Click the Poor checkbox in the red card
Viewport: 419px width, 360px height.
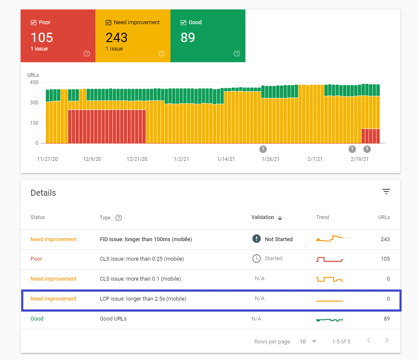(x=34, y=22)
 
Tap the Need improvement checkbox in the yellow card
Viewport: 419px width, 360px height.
(x=109, y=22)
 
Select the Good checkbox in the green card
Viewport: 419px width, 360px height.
(x=183, y=22)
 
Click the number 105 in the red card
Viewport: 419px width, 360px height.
(x=42, y=37)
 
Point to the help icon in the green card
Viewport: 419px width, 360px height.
(x=237, y=53)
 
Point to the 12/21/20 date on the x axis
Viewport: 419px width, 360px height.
(x=137, y=159)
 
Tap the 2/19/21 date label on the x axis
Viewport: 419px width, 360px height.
(x=359, y=159)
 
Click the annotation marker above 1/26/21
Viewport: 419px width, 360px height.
(x=263, y=149)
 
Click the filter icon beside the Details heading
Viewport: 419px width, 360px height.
(x=386, y=192)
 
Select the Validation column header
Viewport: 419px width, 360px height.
(x=263, y=217)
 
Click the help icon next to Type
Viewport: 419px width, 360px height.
(x=119, y=218)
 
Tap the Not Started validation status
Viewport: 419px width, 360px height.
(x=278, y=239)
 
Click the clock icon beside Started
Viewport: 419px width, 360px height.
(x=256, y=259)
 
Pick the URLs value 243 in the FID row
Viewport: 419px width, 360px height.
(x=385, y=239)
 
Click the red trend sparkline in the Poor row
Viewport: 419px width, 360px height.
(x=329, y=259)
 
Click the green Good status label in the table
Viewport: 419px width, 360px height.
(x=37, y=319)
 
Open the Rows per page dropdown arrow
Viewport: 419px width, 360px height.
(x=314, y=341)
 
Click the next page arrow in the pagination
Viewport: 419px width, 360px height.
(x=386, y=341)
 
